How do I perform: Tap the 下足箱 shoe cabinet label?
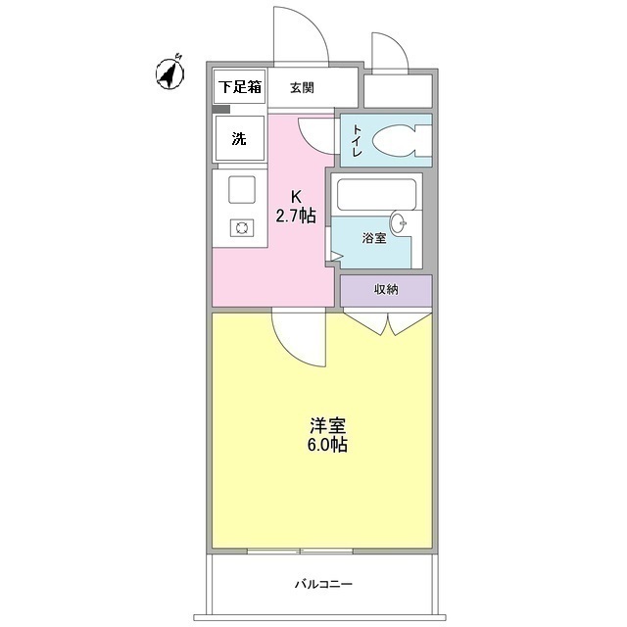pyautogui.click(x=240, y=87)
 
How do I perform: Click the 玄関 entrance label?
pyautogui.click(x=302, y=87)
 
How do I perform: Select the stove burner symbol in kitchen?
pyautogui.click(x=241, y=227)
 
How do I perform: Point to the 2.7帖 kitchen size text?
pyautogui.click(x=294, y=217)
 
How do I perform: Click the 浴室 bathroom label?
pyautogui.click(x=376, y=238)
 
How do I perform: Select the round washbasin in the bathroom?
pyautogui.click(x=400, y=221)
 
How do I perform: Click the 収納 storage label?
pyautogui.click(x=385, y=290)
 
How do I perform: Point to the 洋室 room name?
pyautogui.click(x=328, y=427)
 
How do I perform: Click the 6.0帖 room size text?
pyautogui.click(x=328, y=446)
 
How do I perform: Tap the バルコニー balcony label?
pyautogui.click(x=323, y=585)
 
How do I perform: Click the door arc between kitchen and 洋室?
pyautogui.click(x=294, y=338)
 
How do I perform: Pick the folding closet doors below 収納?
pyautogui.click(x=388, y=322)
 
